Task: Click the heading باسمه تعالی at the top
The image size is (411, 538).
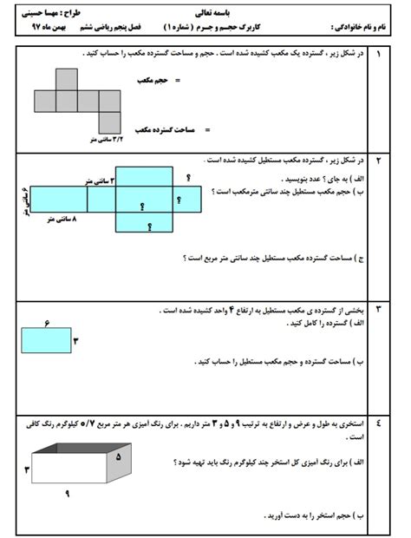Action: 206,12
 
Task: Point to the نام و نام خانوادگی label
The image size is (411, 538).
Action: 356,28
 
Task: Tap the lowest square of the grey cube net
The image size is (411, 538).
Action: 109,121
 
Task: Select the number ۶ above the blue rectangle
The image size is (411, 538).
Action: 45,322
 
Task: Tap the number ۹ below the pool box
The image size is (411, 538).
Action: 67,494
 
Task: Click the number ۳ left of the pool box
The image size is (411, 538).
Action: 27,469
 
